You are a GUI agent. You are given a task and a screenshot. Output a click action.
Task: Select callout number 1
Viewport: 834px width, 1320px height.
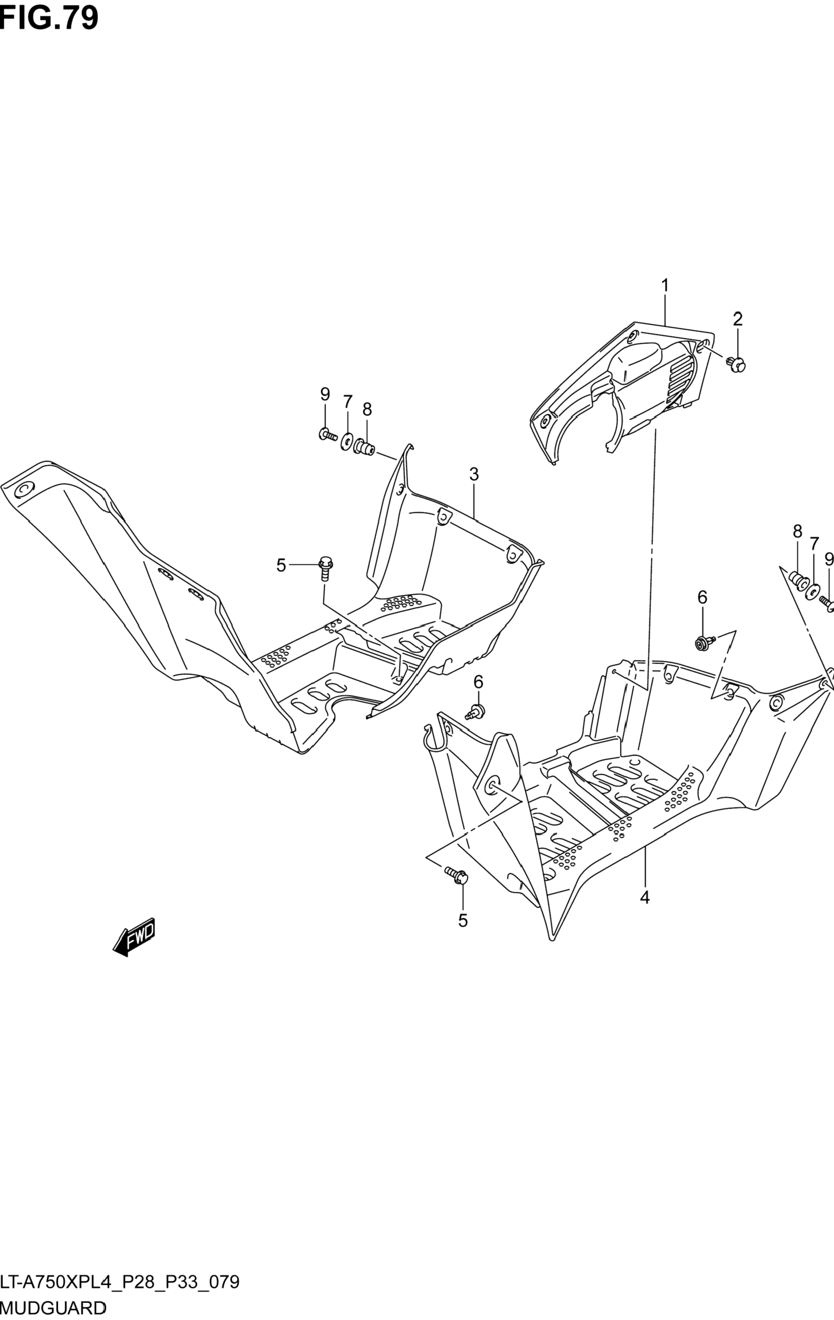[665, 286]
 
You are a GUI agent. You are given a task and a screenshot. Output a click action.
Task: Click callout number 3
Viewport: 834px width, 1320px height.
[474, 474]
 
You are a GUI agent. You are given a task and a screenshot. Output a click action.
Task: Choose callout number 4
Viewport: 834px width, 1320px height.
[645, 897]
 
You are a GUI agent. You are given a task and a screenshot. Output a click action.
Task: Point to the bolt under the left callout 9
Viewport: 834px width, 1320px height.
[327, 435]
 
